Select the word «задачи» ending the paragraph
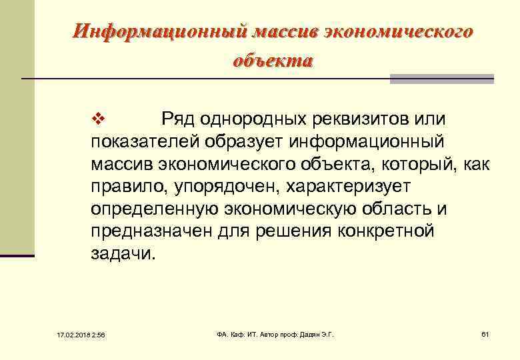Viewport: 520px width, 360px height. (119, 254)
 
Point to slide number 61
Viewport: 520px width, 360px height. (485, 334)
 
